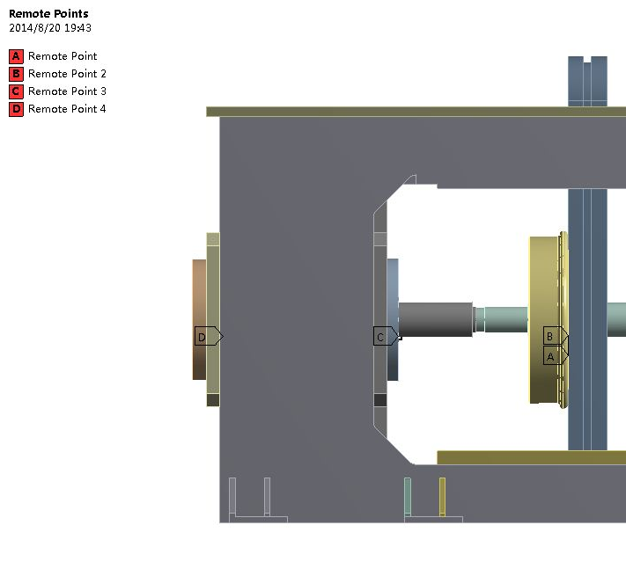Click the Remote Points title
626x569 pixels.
48,13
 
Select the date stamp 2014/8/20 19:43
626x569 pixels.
50,28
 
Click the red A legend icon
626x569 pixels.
16,56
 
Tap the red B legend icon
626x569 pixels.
16,74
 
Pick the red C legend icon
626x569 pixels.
16,91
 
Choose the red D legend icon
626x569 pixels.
16,109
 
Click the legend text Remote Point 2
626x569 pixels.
67,74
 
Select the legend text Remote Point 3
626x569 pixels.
67,91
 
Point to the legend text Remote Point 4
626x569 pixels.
67,109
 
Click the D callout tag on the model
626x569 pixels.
209,336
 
